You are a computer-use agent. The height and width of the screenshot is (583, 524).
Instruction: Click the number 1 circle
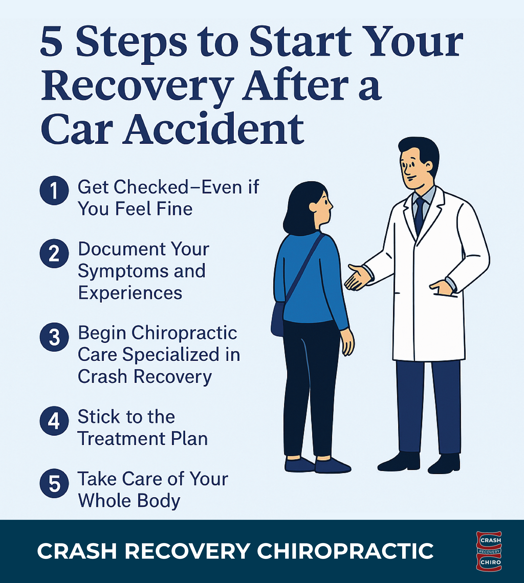tap(54, 191)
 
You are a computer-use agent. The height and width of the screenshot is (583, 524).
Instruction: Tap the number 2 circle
tap(54, 254)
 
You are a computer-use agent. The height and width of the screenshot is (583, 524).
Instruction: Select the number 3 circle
tap(54, 337)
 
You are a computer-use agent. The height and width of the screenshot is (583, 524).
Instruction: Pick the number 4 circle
tap(54, 421)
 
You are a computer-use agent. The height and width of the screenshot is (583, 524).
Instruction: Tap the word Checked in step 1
tap(151, 187)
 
